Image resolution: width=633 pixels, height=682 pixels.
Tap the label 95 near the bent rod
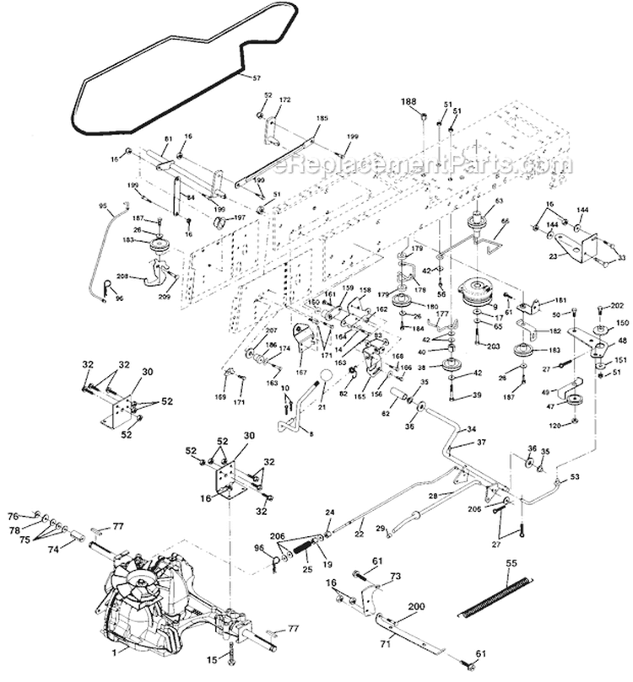click(x=103, y=204)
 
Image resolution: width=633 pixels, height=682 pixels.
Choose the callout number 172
click(x=285, y=100)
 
